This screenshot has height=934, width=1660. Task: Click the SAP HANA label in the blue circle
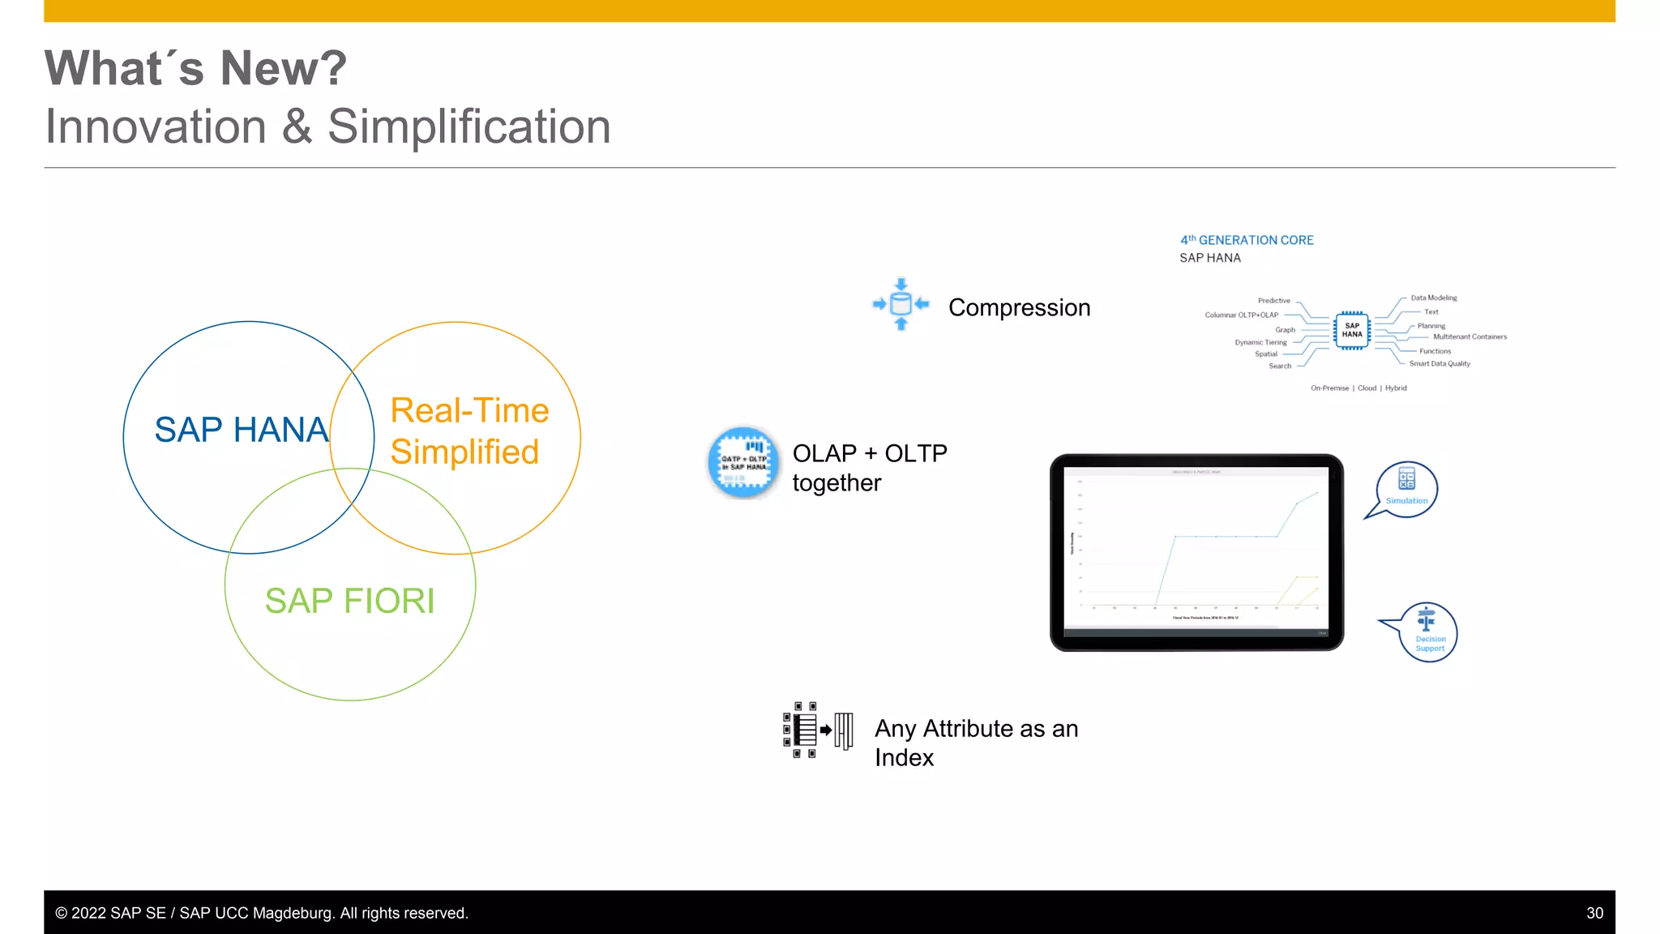(242, 430)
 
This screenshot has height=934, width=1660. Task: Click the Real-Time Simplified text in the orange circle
(468, 431)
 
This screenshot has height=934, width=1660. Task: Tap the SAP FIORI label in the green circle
(349, 601)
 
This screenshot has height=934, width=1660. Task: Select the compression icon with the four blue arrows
(901, 304)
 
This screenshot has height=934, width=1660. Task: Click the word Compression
(1019, 308)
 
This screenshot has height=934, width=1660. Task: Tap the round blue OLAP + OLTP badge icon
(743, 462)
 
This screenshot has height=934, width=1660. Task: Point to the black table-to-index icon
(817, 730)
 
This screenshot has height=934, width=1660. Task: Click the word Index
(904, 758)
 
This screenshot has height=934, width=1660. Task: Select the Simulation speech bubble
(1406, 489)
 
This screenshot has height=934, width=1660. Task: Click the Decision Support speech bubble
(1428, 632)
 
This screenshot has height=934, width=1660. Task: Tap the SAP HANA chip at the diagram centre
(1351, 330)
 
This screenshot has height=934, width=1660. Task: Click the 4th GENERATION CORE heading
(1247, 240)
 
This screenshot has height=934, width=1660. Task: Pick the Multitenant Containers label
(1470, 336)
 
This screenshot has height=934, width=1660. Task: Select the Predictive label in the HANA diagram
(1273, 301)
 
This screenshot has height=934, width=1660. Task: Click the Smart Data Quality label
(1440, 364)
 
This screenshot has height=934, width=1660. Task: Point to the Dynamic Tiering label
(1260, 342)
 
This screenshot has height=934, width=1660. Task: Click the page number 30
(1594, 913)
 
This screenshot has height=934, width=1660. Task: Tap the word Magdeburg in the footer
(291, 913)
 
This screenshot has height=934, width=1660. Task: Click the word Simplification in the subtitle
(468, 127)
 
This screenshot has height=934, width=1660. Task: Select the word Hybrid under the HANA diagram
(1396, 388)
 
